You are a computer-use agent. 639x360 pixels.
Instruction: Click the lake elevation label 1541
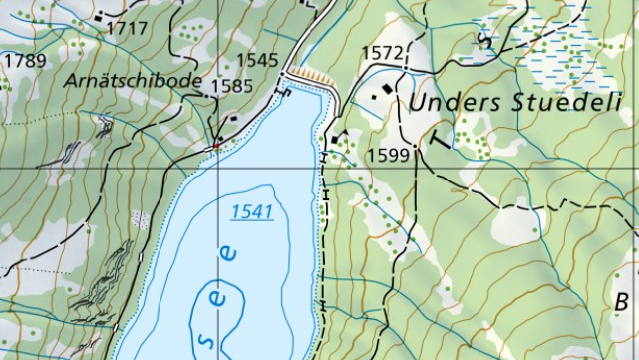tap(251, 211)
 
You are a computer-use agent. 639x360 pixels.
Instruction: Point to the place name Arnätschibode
tap(136, 81)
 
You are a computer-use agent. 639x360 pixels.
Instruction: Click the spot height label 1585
tap(231, 86)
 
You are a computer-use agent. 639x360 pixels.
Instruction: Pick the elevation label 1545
tap(258, 60)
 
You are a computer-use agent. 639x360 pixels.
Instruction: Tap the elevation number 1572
tap(383, 52)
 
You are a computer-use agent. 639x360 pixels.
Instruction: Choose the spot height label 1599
tap(388, 155)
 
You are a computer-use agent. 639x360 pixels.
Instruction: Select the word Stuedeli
tap(565, 102)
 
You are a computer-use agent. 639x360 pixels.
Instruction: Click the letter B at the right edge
tap(622, 301)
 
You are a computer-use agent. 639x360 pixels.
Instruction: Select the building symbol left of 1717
tap(98, 17)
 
